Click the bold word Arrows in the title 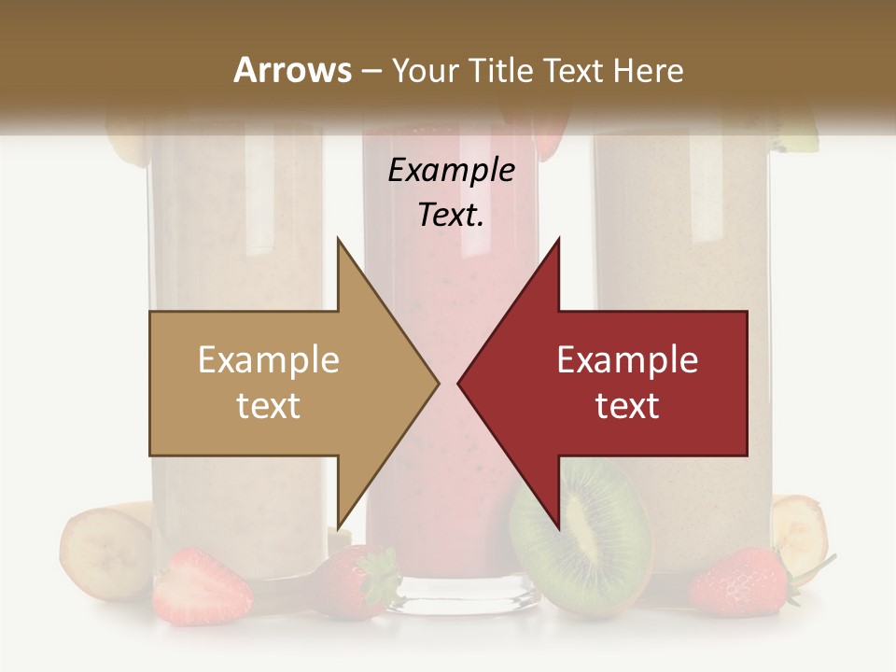pyautogui.click(x=293, y=70)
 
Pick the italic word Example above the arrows pyautogui.click(x=452, y=171)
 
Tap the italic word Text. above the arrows pyautogui.click(x=452, y=215)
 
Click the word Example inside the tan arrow pyautogui.click(x=269, y=360)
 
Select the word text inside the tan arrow pyautogui.click(x=269, y=406)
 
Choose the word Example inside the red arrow pyautogui.click(x=627, y=360)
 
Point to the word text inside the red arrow pyautogui.click(x=627, y=406)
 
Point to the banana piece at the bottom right pyautogui.click(x=800, y=532)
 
